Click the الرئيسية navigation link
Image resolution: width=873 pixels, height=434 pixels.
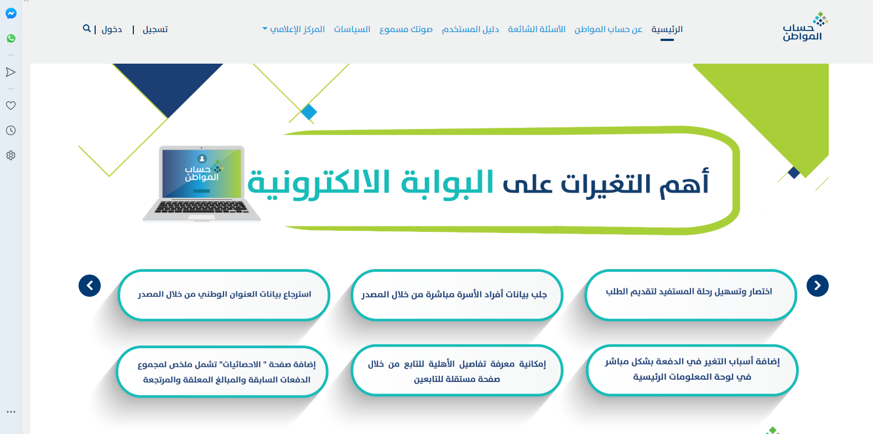click(x=667, y=29)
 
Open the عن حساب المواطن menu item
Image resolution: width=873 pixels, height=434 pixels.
click(x=609, y=29)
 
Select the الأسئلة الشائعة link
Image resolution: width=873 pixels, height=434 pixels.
click(x=537, y=29)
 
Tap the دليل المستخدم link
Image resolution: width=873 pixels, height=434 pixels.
click(x=470, y=29)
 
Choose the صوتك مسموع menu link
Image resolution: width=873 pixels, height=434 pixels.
click(x=406, y=29)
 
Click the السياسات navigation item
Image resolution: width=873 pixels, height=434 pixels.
click(x=352, y=29)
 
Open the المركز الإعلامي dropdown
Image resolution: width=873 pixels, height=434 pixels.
click(x=294, y=29)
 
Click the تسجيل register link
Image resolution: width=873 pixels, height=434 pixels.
click(x=155, y=30)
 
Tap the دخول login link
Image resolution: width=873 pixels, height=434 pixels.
click(x=112, y=30)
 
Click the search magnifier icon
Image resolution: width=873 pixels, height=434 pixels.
click(x=86, y=28)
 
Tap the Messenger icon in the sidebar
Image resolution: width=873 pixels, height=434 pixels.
click(x=11, y=13)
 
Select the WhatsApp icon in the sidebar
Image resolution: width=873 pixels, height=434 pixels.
click(x=11, y=38)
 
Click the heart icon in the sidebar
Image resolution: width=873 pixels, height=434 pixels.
click(x=11, y=105)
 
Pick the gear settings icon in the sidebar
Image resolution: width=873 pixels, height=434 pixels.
click(x=11, y=155)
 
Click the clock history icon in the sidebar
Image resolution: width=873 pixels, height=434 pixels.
click(x=11, y=130)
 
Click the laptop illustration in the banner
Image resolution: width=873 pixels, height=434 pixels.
click(x=201, y=184)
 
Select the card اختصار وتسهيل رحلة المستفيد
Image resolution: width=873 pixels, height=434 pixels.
click(x=690, y=295)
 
